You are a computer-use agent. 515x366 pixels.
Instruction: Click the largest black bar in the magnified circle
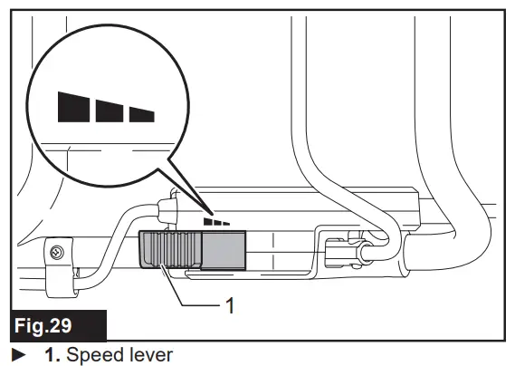point(72,105)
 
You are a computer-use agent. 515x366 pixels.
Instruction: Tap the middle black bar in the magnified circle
point(109,110)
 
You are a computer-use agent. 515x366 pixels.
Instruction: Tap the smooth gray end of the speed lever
point(223,248)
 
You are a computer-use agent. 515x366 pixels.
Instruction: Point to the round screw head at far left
point(56,251)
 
